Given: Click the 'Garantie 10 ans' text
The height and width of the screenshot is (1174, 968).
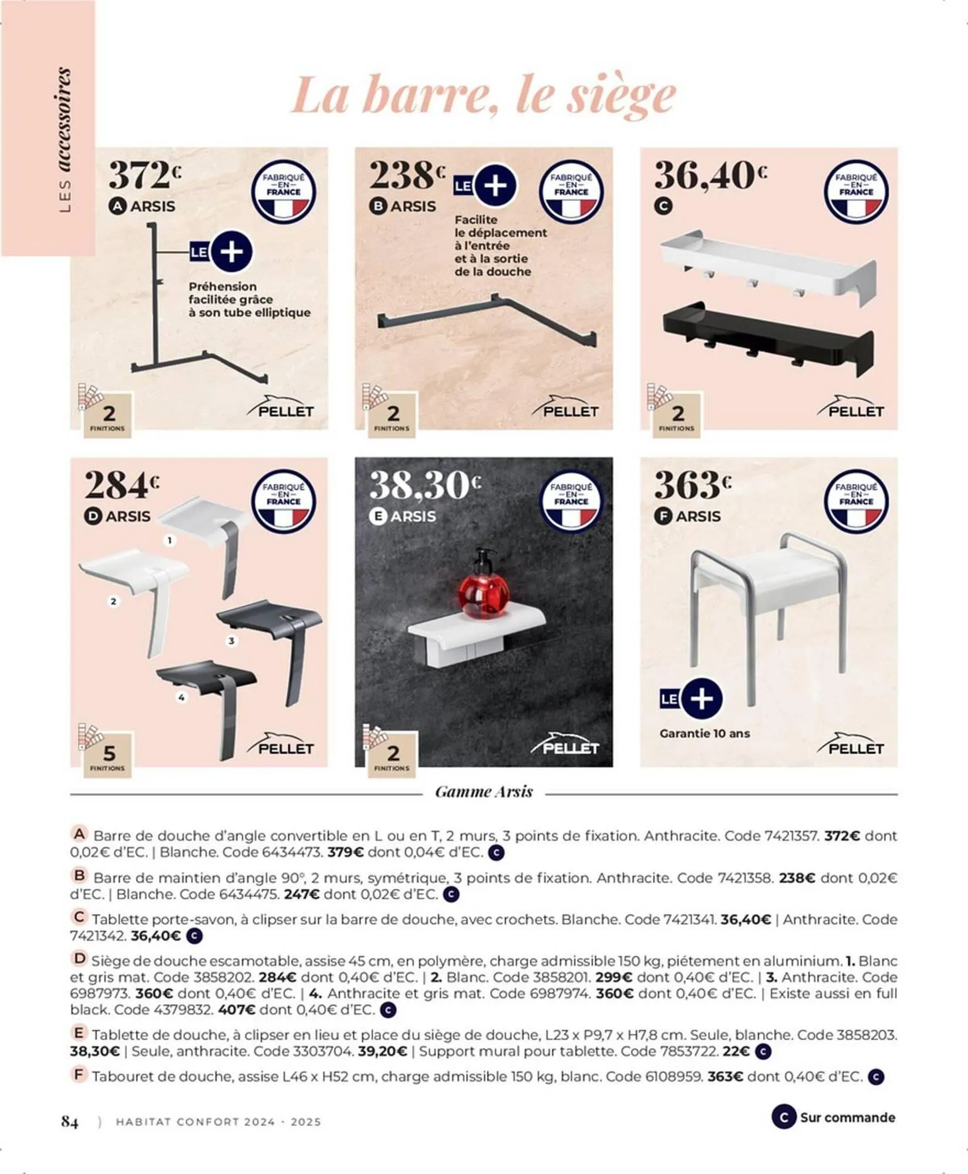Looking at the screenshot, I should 704,733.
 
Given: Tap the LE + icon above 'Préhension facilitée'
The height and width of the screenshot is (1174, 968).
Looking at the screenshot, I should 221,252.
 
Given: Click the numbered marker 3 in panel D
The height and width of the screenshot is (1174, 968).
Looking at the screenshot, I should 231,641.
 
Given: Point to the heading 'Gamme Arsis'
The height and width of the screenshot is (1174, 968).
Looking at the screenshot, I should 484,792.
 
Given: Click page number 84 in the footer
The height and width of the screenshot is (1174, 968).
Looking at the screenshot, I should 70,1122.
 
